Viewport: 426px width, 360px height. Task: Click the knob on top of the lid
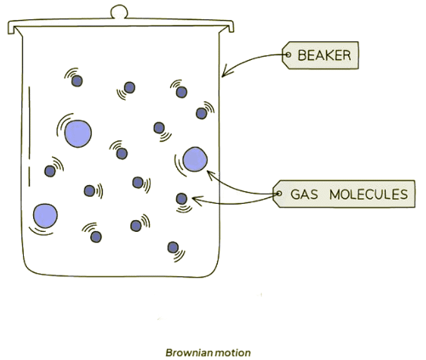119,11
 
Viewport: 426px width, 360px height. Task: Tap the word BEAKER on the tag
324,56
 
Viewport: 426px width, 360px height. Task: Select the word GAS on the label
305,194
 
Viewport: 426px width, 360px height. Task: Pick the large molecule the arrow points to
195,159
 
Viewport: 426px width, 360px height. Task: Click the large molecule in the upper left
78,132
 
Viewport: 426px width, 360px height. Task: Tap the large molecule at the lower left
45,216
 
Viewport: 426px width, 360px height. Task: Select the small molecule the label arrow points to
181,199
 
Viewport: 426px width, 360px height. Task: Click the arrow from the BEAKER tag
250,62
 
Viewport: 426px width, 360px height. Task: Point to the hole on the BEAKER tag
288,55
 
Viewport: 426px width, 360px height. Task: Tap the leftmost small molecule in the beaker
50,170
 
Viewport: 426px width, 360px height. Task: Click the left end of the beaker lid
11,27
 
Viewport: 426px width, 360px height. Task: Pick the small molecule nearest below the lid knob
129,87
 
